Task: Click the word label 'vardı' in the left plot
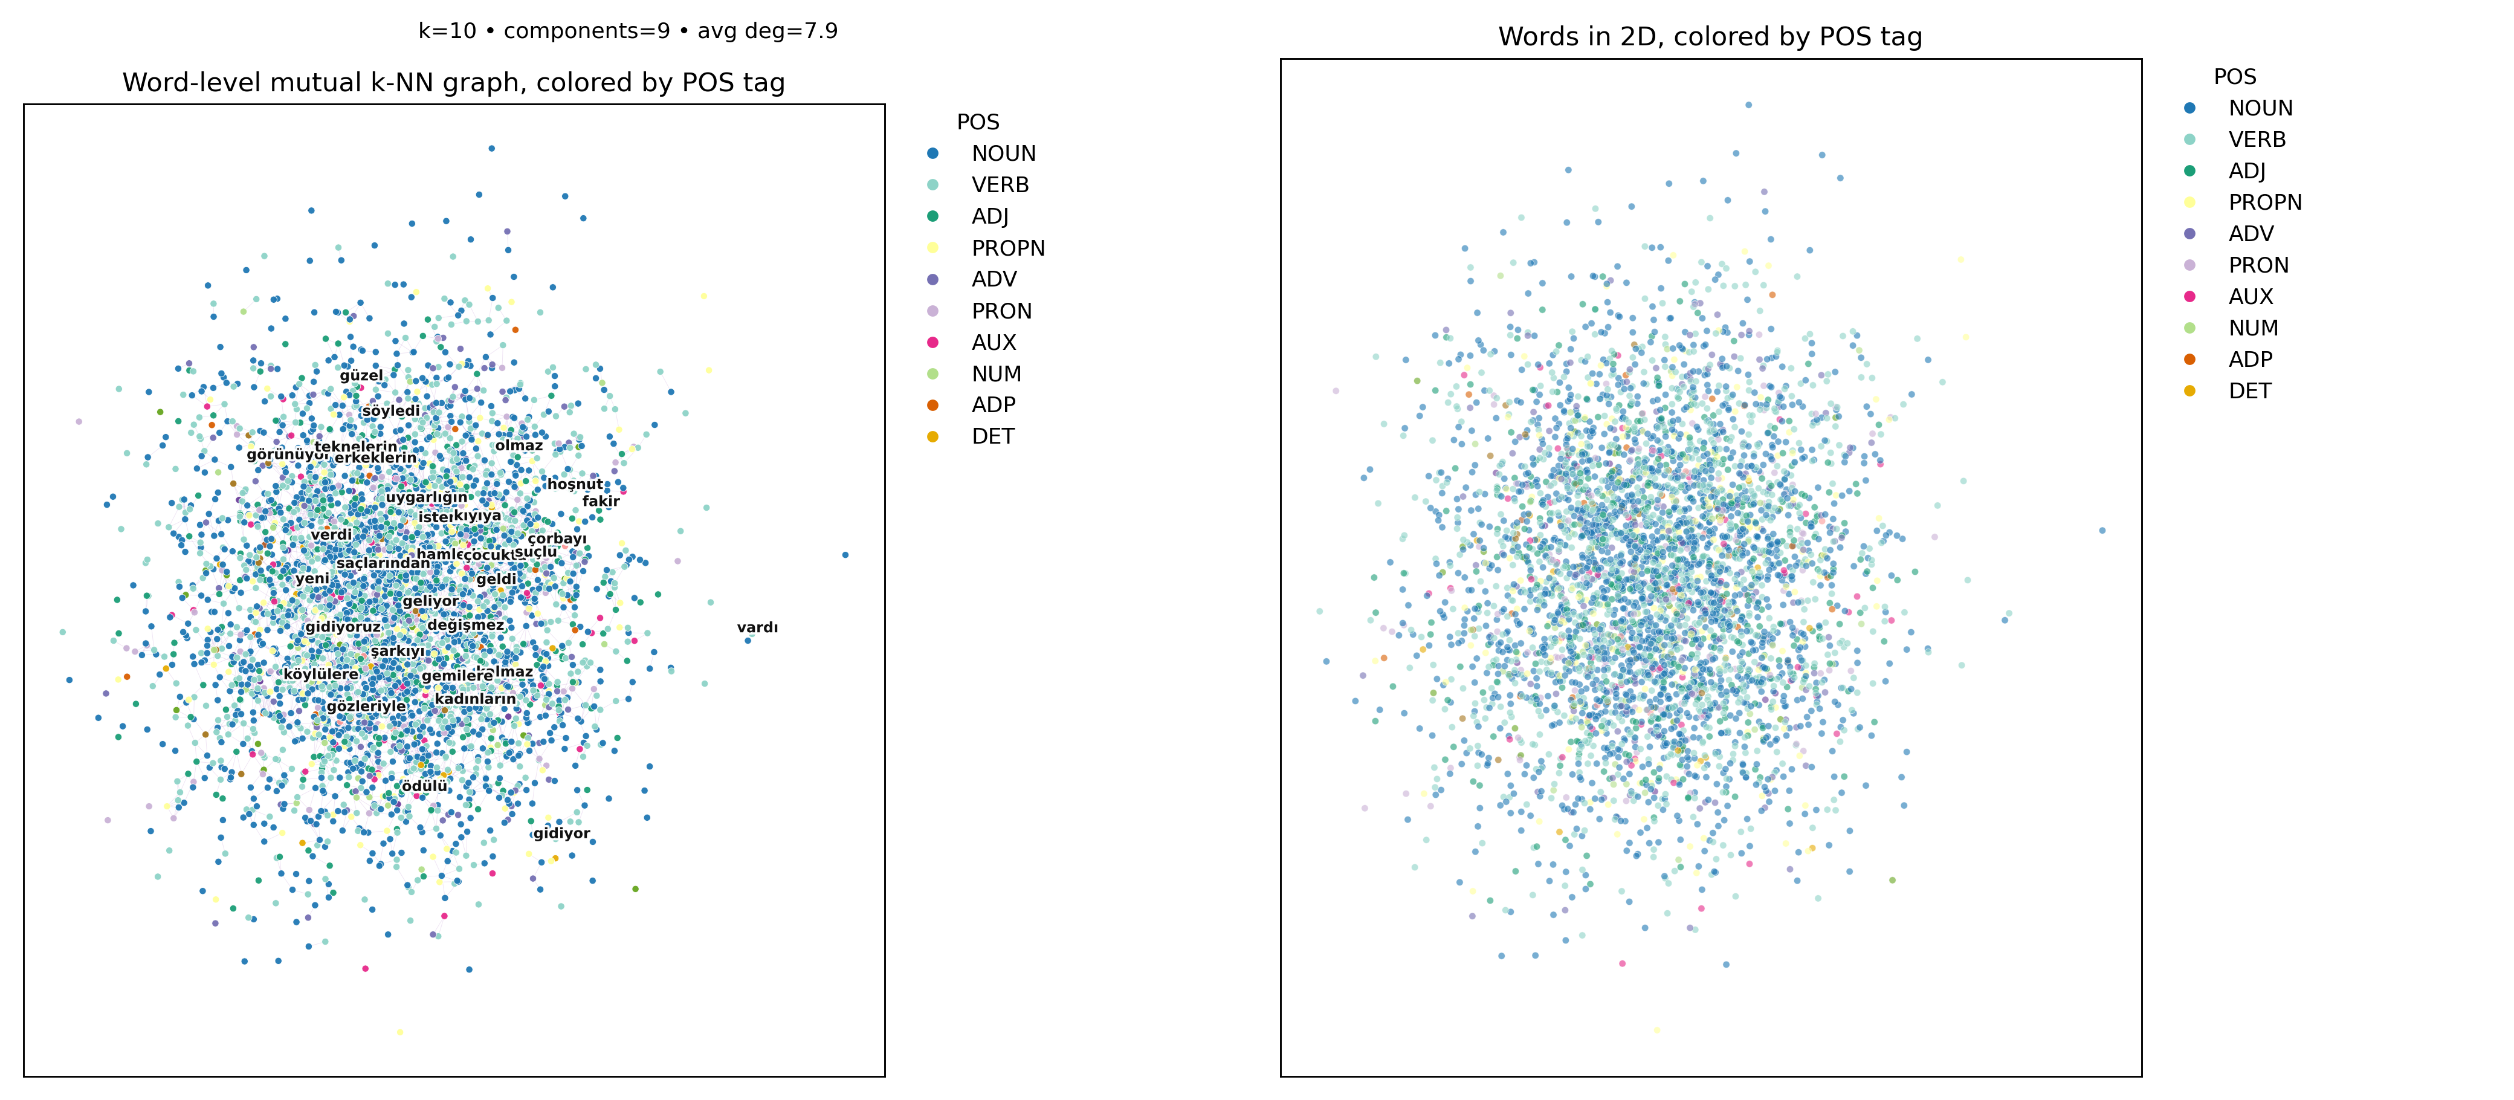click(757, 627)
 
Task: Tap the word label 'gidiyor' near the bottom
click(561, 833)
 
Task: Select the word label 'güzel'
click(361, 376)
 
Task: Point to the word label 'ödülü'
click(424, 786)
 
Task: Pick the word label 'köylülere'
click(321, 675)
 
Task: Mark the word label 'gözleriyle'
click(366, 707)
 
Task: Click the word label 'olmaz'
click(519, 446)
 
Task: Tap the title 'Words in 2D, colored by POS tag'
click(1710, 37)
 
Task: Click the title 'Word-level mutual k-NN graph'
click(454, 83)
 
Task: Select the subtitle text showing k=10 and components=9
click(627, 31)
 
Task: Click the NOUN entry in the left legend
click(1003, 154)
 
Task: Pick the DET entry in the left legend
click(992, 436)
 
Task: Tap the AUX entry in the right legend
click(2249, 297)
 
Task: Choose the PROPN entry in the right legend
click(2264, 202)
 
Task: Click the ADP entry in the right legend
click(2249, 359)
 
